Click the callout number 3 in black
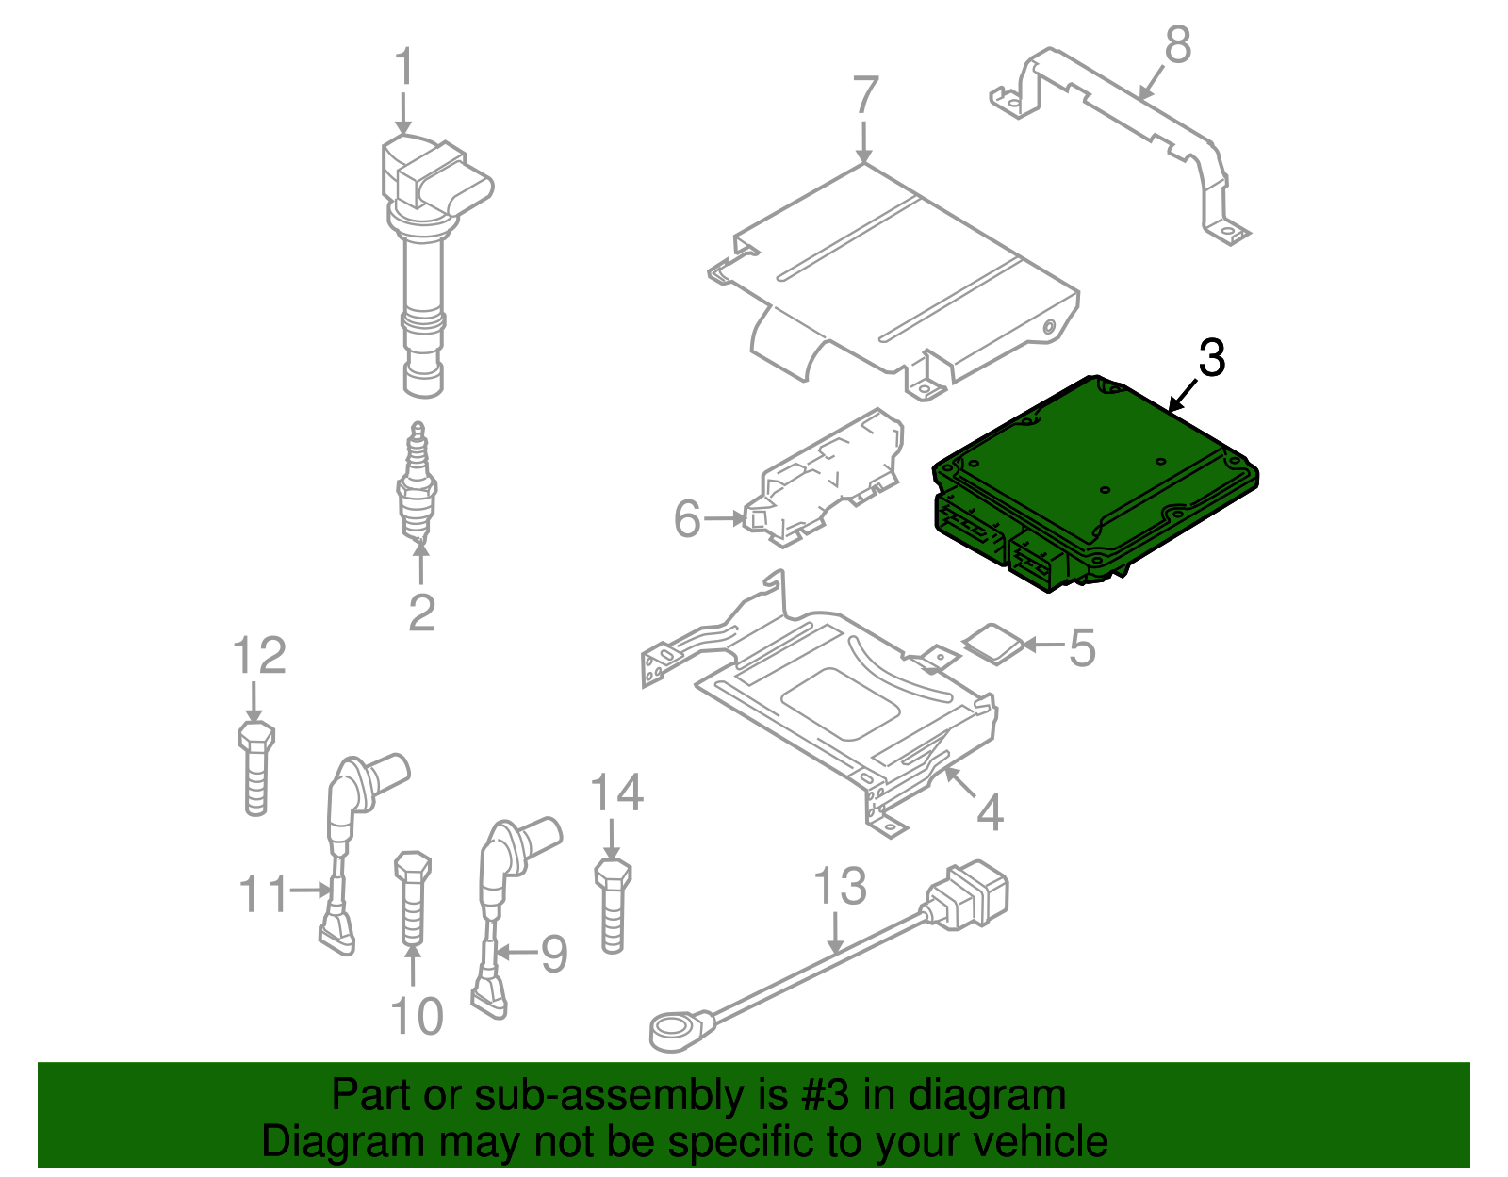coord(1211,359)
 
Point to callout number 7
coord(864,95)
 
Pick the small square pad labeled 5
coord(993,645)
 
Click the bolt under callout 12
coord(256,768)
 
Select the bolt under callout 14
coord(613,906)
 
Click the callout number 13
coord(840,887)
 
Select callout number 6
coord(688,519)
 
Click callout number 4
coord(990,811)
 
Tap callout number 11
coord(263,893)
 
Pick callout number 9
coord(554,954)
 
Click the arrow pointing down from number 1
coord(403,112)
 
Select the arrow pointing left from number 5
coord(1043,645)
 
